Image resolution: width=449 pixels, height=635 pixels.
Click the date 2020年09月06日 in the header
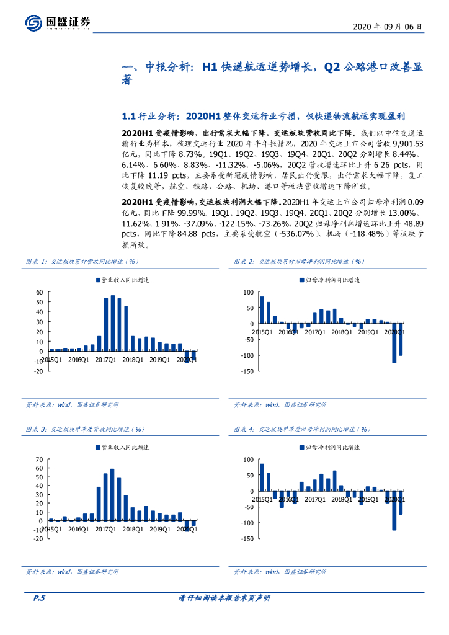(x=388, y=27)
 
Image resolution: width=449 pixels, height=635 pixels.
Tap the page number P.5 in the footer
(x=39, y=598)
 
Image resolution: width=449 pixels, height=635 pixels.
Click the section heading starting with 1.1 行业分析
(x=259, y=116)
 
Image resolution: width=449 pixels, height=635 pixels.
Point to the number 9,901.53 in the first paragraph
(x=405, y=143)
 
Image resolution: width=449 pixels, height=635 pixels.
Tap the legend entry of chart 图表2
(x=329, y=280)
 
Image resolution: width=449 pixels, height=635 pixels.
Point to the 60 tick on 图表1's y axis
(x=40, y=292)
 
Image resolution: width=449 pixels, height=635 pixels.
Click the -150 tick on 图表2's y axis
(x=246, y=371)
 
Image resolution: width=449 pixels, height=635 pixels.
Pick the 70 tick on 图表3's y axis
(x=40, y=460)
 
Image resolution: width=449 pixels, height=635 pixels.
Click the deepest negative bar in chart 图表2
(x=394, y=343)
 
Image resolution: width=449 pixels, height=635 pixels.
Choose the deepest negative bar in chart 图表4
(x=394, y=512)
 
